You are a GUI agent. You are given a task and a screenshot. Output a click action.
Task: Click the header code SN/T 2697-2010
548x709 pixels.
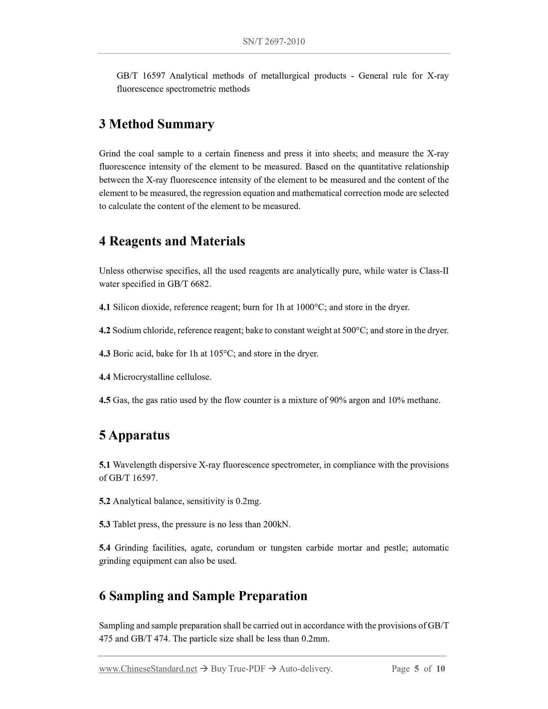click(273, 41)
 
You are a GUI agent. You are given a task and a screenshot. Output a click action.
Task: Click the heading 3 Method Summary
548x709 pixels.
click(156, 124)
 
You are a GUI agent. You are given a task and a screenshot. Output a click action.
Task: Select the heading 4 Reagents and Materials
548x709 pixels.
click(172, 241)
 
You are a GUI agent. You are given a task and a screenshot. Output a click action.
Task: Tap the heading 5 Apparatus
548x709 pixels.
click(134, 435)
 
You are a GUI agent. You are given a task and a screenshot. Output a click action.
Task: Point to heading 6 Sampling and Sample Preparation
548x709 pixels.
click(203, 596)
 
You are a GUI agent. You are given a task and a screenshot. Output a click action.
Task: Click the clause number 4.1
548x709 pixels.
click(104, 307)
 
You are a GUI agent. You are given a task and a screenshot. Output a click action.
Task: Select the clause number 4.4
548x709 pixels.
click(104, 377)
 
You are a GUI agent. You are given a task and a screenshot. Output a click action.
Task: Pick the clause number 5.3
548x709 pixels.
click(104, 524)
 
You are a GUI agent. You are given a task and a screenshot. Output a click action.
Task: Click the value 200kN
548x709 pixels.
click(276, 524)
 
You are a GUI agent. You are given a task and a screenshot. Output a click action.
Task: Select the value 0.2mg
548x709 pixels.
click(248, 501)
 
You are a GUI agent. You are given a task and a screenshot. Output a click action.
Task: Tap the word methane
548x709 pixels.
click(423, 400)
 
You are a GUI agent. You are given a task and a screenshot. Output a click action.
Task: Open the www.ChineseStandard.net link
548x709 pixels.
click(148, 669)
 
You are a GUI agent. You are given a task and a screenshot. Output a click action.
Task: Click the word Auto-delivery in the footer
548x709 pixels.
click(305, 669)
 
